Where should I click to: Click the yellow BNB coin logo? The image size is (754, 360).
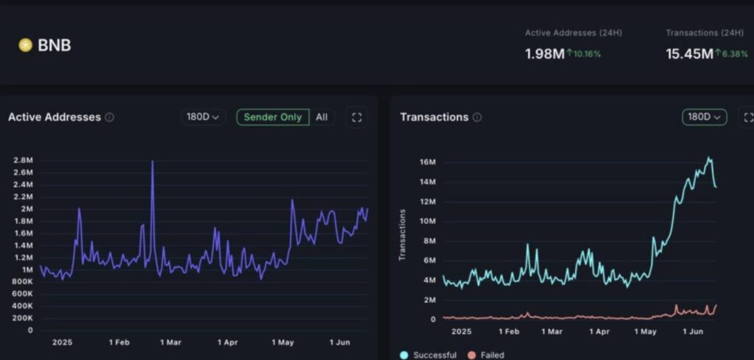(x=25, y=46)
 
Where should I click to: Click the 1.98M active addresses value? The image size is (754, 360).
(x=544, y=54)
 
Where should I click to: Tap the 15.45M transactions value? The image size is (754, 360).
(x=689, y=54)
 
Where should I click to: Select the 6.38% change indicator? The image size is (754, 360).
(x=734, y=54)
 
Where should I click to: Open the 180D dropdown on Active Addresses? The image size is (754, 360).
(x=203, y=117)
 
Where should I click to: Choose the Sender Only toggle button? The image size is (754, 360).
(x=272, y=117)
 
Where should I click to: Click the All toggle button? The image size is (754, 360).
(x=322, y=117)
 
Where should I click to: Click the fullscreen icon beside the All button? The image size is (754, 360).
(x=357, y=117)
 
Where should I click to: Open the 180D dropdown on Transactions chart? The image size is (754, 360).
(x=704, y=117)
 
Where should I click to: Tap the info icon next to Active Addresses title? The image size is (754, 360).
(x=109, y=117)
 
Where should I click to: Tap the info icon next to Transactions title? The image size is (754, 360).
(x=477, y=117)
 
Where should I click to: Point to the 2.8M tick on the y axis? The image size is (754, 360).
(x=22, y=160)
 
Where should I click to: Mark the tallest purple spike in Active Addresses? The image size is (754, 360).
(x=152, y=161)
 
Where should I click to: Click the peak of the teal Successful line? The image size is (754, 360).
(x=709, y=158)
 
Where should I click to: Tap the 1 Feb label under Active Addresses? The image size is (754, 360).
(x=119, y=342)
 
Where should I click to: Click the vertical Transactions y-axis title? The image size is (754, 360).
(x=403, y=235)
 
